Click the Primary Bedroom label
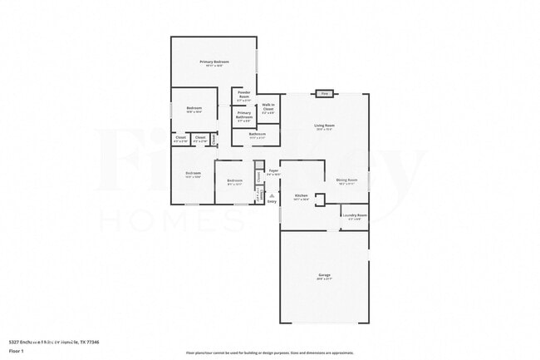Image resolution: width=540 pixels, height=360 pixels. click(x=214, y=62)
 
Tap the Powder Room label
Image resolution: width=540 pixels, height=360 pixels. click(x=244, y=95)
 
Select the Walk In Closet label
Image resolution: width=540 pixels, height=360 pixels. click(x=268, y=107)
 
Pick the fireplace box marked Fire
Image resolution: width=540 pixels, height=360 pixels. click(x=325, y=94)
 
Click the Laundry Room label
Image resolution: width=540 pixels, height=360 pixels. click(x=356, y=215)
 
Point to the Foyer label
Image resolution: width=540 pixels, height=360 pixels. click(x=273, y=171)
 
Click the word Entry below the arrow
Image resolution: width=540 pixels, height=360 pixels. click(x=272, y=201)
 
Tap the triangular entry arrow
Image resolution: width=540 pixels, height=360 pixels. click(x=272, y=195)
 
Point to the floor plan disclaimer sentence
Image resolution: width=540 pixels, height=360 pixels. click(x=269, y=353)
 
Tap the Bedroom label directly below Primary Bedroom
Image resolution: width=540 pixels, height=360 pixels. click(x=194, y=109)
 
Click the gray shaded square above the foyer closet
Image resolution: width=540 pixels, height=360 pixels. click(x=258, y=164)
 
